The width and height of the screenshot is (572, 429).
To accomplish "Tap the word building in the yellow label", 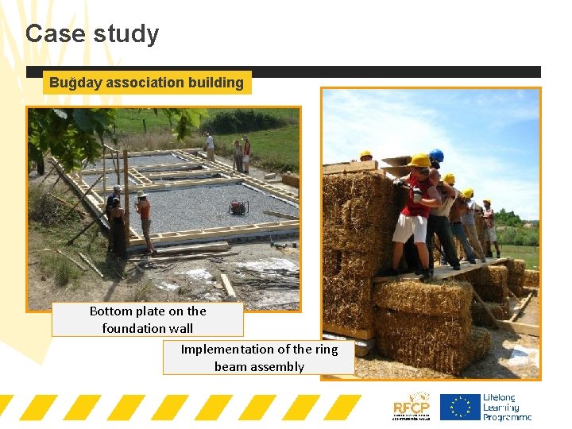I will (216, 83).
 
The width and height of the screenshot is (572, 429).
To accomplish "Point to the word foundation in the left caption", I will (134, 327).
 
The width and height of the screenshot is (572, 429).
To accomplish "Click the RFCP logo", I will (412, 405).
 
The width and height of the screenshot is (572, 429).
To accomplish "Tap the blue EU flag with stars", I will (459, 406).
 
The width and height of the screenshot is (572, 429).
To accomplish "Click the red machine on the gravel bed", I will (238, 207).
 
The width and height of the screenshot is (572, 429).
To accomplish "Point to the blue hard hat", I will (436, 156).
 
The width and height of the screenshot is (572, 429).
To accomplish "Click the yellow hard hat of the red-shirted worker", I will (419, 160).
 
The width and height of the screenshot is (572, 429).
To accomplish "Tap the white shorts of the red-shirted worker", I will (411, 228).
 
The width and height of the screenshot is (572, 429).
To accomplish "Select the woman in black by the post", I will (118, 226).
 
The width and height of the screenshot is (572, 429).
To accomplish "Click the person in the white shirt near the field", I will (210, 145).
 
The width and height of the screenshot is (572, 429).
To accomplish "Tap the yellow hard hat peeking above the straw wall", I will (365, 156).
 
